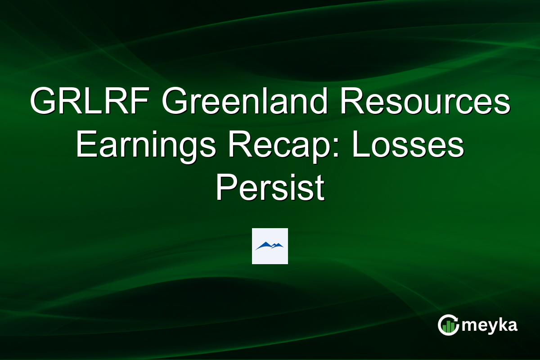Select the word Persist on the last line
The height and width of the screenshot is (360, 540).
coord(270,189)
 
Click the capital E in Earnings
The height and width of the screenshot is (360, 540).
coord(84,146)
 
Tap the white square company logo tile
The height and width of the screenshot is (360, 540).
coord(270,246)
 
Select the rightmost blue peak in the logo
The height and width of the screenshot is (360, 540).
coord(279,245)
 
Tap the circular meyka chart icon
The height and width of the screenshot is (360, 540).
coord(448,325)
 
